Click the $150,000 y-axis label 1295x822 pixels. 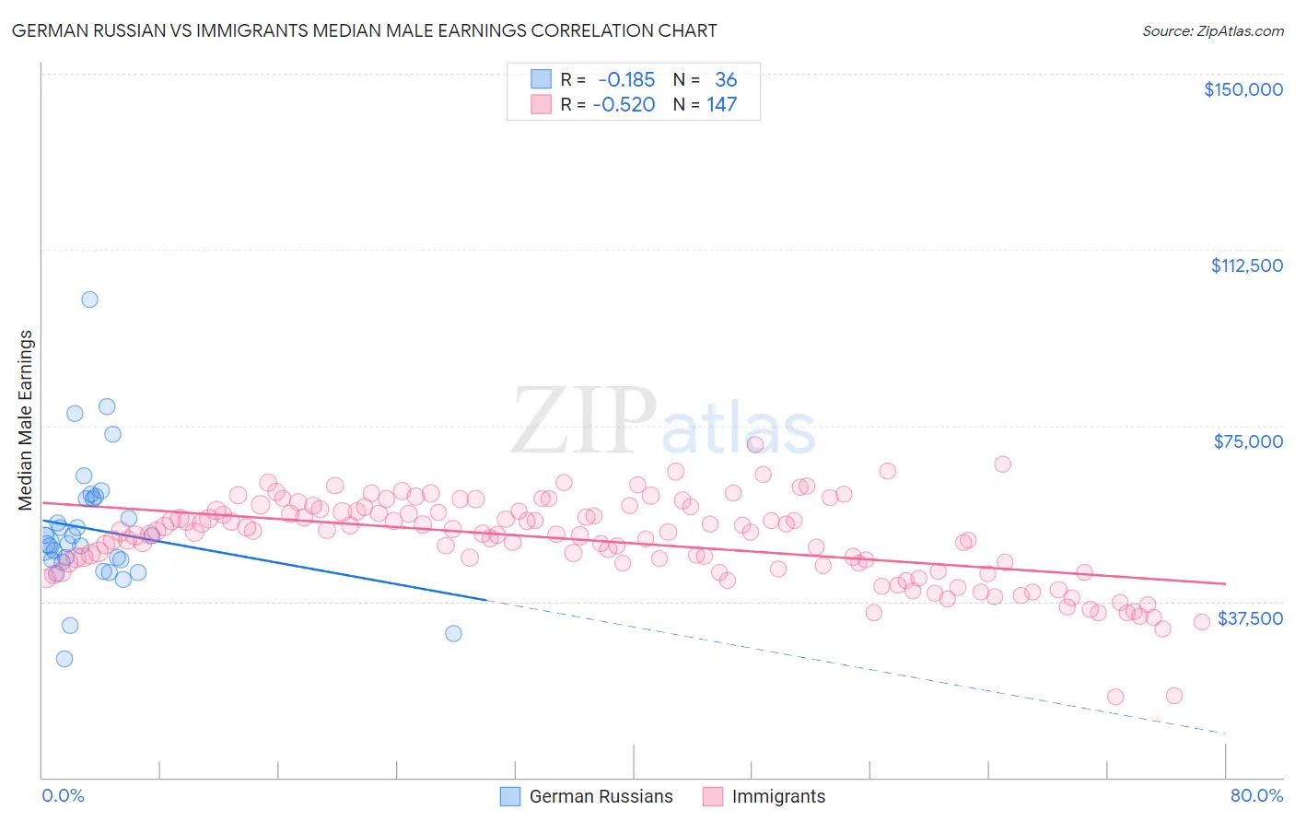pyautogui.click(x=1242, y=89)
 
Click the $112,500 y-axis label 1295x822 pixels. pyautogui.click(x=1246, y=265)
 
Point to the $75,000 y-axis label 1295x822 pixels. pyautogui.click(x=1248, y=441)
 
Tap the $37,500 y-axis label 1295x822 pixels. pyautogui.click(x=1250, y=618)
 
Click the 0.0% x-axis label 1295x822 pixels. pyautogui.click(x=63, y=795)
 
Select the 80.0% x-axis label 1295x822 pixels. pyautogui.click(x=1256, y=795)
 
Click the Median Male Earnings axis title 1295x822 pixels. pyautogui.click(x=26, y=420)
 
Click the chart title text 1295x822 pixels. pyautogui.click(x=365, y=30)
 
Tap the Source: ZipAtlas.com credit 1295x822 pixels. pyautogui.click(x=1212, y=30)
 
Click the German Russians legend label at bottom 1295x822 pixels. pyautogui.click(x=601, y=796)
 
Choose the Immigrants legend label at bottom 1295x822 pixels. pyautogui.click(x=778, y=796)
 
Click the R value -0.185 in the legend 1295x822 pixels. pyautogui.click(x=626, y=79)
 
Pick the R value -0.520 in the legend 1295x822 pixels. pyautogui.click(x=624, y=104)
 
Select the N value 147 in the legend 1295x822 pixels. pyautogui.click(x=722, y=104)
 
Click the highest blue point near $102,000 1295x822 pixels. pyautogui.click(x=89, y=299)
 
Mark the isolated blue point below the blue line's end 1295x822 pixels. pyautogui.click(x=453, y=633)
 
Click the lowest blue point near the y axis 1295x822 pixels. pyautogui.click(x=64, y=659)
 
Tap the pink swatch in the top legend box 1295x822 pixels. pyautogui.click(x=541, y=104)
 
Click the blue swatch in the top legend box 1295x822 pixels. pyautogui.click(x=541, y=79)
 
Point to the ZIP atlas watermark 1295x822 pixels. pyautogui.click(x=663, y=421)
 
